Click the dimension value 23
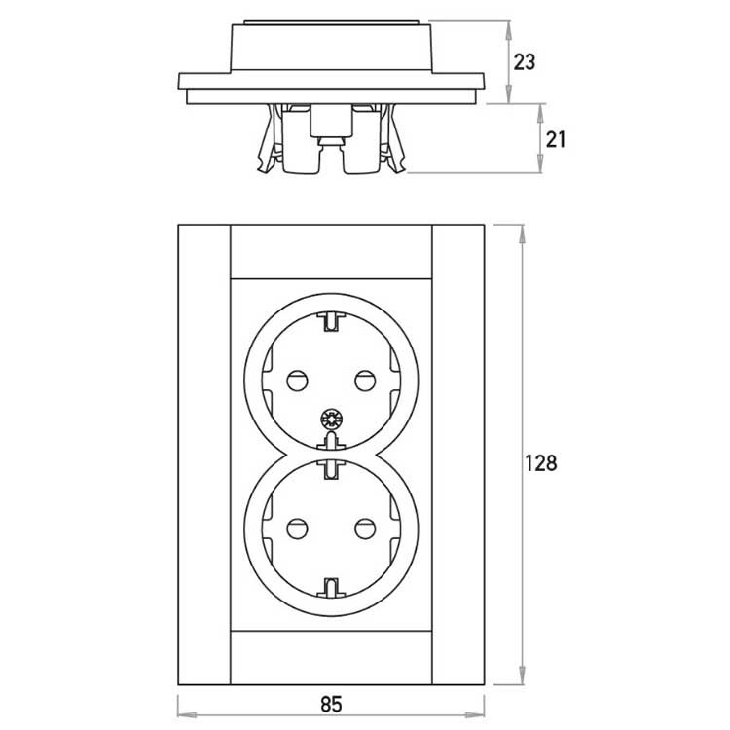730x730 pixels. (525, 61)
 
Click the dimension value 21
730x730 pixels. (556, 139)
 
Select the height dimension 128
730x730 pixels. (541, 462)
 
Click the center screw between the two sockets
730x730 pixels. (330, 421)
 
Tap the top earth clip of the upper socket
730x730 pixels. (331, 318)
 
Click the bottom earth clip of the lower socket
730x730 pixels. (331, 587)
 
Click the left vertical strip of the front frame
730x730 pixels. (203, 453)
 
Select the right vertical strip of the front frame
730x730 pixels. (457, 453)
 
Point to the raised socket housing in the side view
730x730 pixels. (331, 47)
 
